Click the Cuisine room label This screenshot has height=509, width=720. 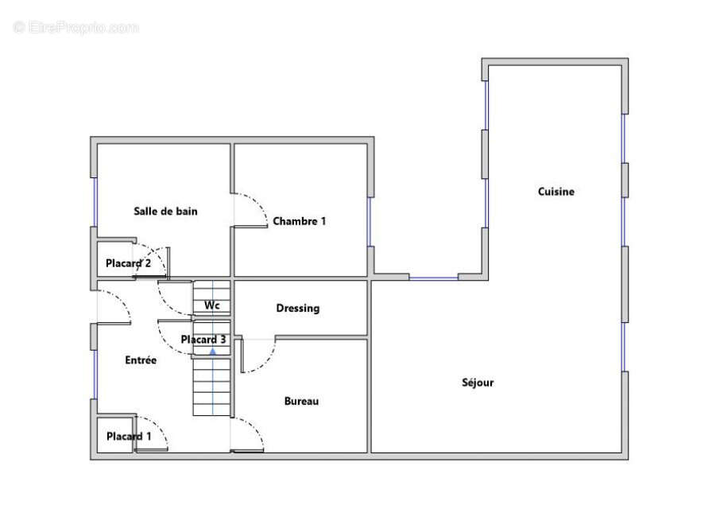(556, 192)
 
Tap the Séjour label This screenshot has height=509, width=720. (478, 383)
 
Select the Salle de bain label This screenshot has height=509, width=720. (165, 212)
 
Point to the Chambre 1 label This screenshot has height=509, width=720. (300, 221)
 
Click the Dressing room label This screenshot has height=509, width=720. (297, 309)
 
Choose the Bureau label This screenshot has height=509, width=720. (301, 401)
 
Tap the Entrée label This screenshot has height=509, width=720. (141, 360)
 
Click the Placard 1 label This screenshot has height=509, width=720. (129, 437)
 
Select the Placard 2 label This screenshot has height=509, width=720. (128, 263)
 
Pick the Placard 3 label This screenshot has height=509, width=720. (203, 340)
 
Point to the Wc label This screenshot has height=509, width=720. (211, 305)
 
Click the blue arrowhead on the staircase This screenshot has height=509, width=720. (213, 352)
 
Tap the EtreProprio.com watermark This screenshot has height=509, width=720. (75, 28)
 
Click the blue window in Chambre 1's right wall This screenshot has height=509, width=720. (370, 222)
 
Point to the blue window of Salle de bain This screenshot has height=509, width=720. (95, 202)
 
